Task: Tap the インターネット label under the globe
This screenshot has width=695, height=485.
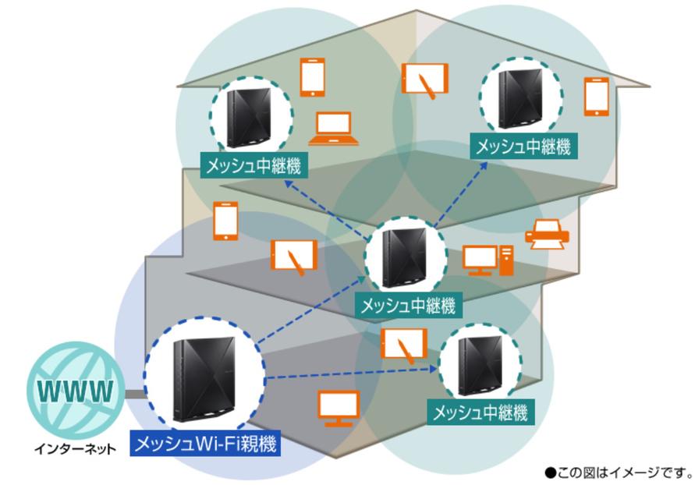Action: (x=76, y=449)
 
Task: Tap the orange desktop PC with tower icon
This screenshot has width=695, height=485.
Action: (x=489, y=260)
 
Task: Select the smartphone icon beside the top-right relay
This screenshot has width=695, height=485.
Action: (x=597, y=97)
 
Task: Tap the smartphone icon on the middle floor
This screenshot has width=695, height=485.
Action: (x=225, y=220)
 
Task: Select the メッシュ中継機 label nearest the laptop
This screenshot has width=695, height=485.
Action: (x=252, y=166)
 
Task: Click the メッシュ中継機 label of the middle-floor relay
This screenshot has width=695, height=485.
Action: (x=406, y=305)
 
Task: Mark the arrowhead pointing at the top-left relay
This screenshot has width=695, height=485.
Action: (x=289, y=184)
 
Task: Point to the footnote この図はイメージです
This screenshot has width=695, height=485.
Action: (x=619, y=472)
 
